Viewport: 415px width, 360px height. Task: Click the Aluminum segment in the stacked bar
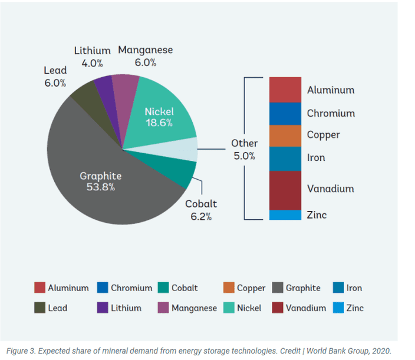point(285,90)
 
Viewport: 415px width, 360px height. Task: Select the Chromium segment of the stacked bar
point(285,113)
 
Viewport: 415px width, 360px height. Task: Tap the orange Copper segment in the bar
point(285,136)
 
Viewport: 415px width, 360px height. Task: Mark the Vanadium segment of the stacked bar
point(285,190)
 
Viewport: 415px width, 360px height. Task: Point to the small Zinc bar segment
point(285,215)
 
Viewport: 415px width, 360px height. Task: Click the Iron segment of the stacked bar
point(285,158)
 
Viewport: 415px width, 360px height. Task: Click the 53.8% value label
point(101,187)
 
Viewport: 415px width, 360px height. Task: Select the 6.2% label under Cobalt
point(201,216)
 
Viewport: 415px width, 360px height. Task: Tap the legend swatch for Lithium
point(102,308)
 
